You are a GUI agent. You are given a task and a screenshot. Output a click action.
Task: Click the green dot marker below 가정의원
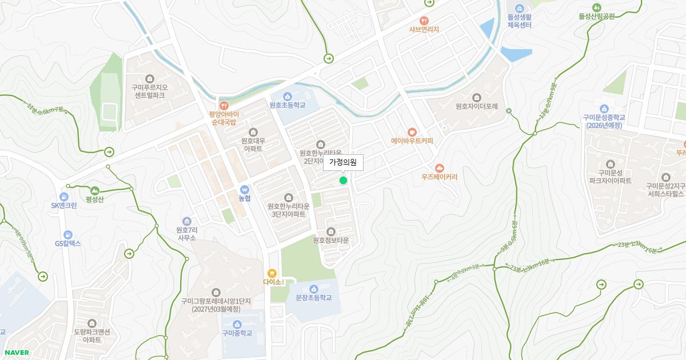[343, 181]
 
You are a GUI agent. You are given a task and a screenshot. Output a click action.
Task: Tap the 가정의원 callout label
[343, 163]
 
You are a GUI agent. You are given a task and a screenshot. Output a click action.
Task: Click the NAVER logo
[16, 353]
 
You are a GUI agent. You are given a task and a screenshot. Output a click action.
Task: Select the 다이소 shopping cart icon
[272, 273]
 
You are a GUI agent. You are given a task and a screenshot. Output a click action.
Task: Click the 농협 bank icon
[245, 190]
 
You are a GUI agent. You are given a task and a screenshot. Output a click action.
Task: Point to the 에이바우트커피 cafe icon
[412, 132]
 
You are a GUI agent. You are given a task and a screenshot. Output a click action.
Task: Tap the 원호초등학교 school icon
[288, 96]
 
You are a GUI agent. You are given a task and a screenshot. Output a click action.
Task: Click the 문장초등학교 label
[313, 298]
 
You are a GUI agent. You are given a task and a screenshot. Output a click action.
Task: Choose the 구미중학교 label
[237, 333]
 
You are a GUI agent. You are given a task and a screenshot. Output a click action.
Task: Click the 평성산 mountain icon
[94, 190]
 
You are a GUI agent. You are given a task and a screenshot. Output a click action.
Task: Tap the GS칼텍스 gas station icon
[68, 234]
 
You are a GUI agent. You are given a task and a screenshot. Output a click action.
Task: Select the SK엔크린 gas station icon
[63, 197]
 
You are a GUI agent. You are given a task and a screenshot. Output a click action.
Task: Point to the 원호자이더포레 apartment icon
[477, 97]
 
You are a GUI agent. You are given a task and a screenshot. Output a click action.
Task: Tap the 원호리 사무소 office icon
[186, 221]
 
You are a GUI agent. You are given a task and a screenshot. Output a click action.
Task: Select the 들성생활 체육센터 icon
[519, 9]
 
